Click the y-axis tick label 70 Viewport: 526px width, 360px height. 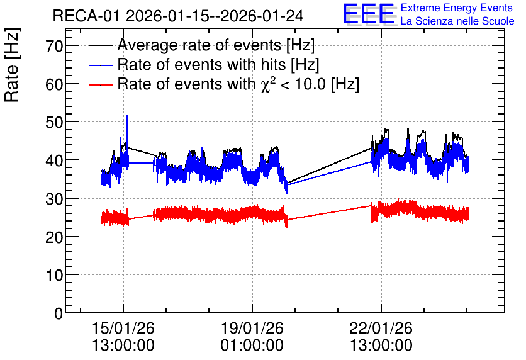pos(54,46)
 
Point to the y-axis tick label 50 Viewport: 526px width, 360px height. pos(54,122)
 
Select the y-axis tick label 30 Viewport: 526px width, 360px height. pos(54,199)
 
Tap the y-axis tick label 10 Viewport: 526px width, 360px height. pos(54,275)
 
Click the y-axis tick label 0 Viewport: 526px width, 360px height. pos(59,313)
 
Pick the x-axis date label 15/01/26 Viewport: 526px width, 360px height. pos(123,328)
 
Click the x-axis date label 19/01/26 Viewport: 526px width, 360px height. pos(252,328)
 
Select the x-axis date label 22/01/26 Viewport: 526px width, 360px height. pos(381,328)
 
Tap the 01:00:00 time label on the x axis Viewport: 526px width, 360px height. pos(252,346)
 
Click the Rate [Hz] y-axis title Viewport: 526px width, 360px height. pos(12,65)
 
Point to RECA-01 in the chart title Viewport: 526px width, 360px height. pos(87,16)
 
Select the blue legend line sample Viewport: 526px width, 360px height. pos(100,65)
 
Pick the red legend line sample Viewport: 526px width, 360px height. pos(100,84)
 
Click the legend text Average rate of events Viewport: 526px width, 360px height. pos(199,45)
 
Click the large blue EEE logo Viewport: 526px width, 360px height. pos(369,14)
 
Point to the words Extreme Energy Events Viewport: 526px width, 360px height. pos(457,8)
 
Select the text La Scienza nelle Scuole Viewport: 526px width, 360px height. pos(457,21)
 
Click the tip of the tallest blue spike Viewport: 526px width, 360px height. pos(127,115)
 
